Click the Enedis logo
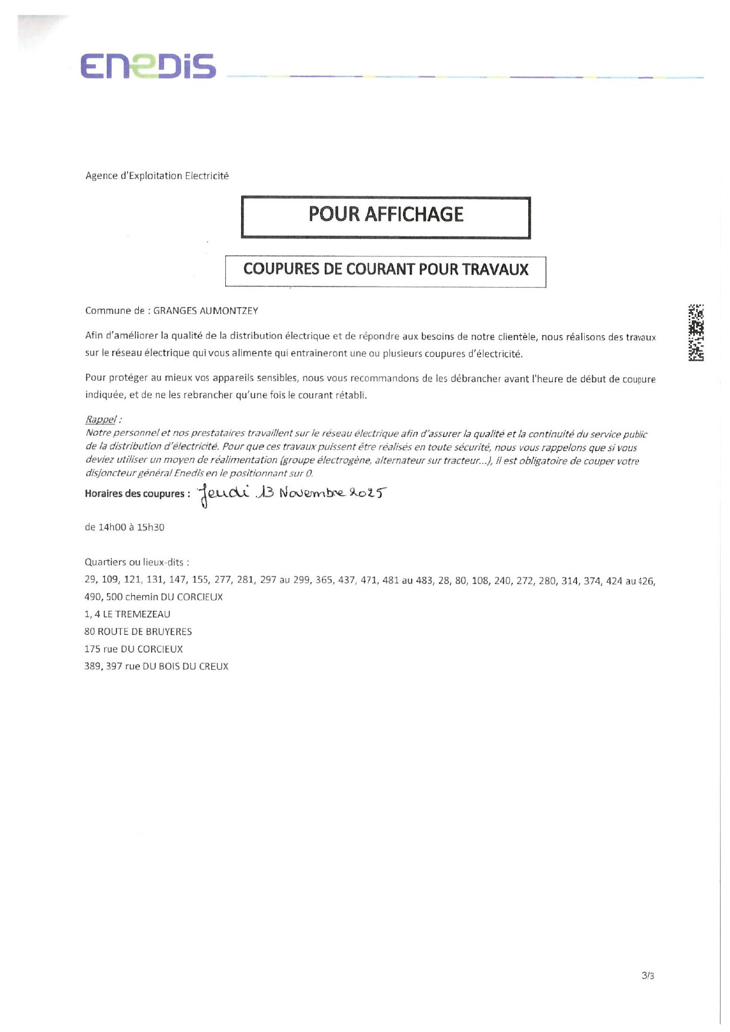pos(148,66)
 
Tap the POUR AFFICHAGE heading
pos(386,215)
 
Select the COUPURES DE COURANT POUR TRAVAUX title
pos(386,269)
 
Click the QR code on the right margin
pos(696,332)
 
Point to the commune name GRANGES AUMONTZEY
pos(205,310)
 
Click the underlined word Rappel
pos(101,419)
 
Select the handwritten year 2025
pos(368,492)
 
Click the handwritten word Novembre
pos(311,493)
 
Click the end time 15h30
pos(151,527)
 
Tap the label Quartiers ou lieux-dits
pos(136,562)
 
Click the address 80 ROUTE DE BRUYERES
pos(138,632)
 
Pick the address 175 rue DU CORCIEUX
pos(134,649)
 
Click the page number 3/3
pos(648,976)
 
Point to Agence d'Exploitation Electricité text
pos(157,176)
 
